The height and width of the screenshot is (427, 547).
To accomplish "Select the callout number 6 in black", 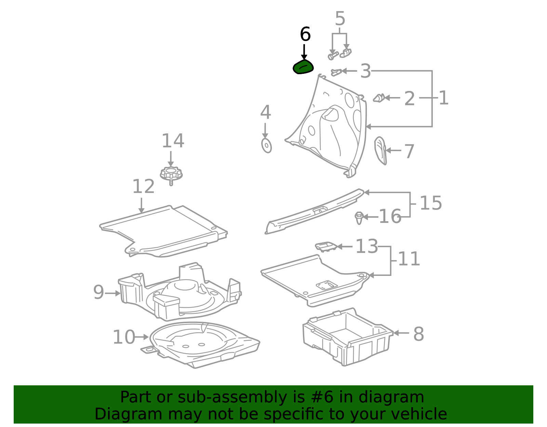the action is (305, 34).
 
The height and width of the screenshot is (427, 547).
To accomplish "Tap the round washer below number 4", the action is (267, 145).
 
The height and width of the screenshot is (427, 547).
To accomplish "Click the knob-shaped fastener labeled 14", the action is (171, 175).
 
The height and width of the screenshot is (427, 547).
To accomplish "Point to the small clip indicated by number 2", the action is (379, 98).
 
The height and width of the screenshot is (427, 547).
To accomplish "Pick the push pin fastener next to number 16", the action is (359, 218).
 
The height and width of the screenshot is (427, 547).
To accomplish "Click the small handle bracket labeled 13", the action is (326, 246).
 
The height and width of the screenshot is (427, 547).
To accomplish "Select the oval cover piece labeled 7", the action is (381, 150).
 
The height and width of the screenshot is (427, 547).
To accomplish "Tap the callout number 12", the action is (143, 186).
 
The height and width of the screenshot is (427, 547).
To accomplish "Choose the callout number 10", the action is (124, 337).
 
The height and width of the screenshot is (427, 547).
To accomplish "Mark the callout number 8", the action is (418, 334).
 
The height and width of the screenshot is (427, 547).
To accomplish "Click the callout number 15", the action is (431, 203).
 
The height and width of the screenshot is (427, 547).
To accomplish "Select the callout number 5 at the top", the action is (340, 18).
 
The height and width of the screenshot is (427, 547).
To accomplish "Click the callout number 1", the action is (443, 98).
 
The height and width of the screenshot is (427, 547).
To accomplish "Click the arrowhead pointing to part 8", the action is (396, 333).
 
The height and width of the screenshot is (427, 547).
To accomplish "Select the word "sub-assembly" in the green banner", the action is (232, 397).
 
